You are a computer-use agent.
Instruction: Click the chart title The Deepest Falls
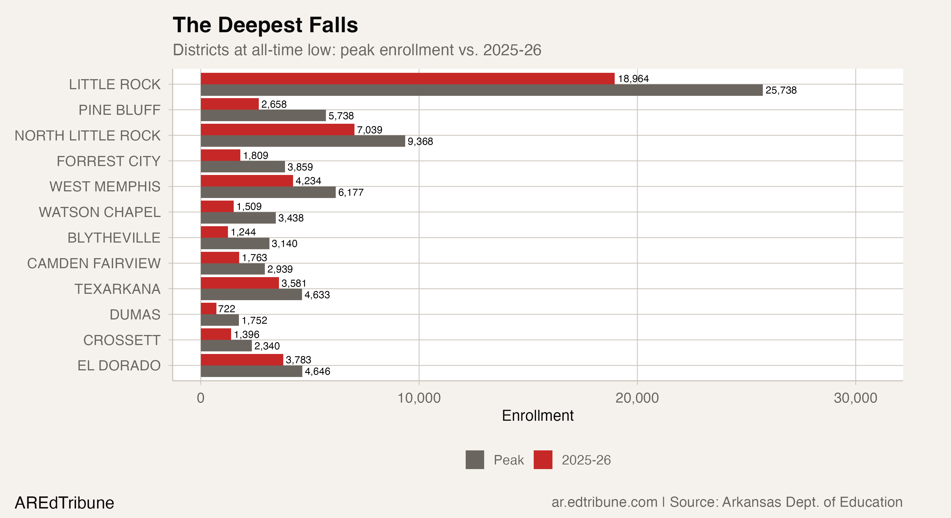click(265, 25)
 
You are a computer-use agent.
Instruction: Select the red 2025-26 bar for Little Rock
click(407, 79)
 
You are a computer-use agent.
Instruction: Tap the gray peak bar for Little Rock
click(481, 90)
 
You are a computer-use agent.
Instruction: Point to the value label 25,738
click(781, 90)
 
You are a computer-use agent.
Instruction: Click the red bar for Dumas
click(208, 308)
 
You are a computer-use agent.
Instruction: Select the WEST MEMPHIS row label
click(105, 186)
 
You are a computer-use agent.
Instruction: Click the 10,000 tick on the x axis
click(419, 398)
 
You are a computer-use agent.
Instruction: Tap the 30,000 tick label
click(855, 398)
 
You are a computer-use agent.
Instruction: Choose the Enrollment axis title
click(537, 416)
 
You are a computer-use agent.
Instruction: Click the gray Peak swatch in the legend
click(474, 460)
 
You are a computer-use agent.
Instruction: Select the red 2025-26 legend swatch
click(543, 460)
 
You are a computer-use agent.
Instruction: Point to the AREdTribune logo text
click(64, 503)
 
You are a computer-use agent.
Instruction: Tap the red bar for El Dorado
click(241, 360)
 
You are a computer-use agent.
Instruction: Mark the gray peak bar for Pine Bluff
click(263, 116)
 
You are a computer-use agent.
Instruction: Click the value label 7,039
click(369, 130)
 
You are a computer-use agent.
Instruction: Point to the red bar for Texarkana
click(239, 283)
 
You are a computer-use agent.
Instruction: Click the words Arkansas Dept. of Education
click(812, 502)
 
